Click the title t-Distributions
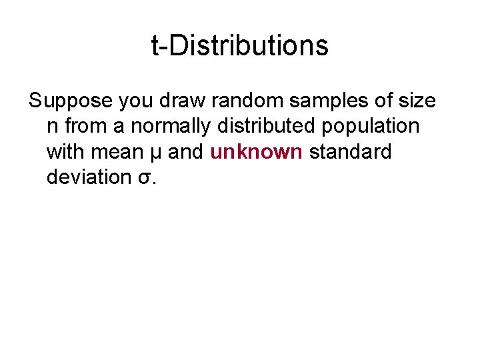(240, 46)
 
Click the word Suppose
(71, 101)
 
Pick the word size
(417, 101)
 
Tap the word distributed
(263, 127)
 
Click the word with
(65, 152)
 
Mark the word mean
(117, 152)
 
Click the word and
(186, 152)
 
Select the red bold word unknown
(257, 152)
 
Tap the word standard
(351, 152)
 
